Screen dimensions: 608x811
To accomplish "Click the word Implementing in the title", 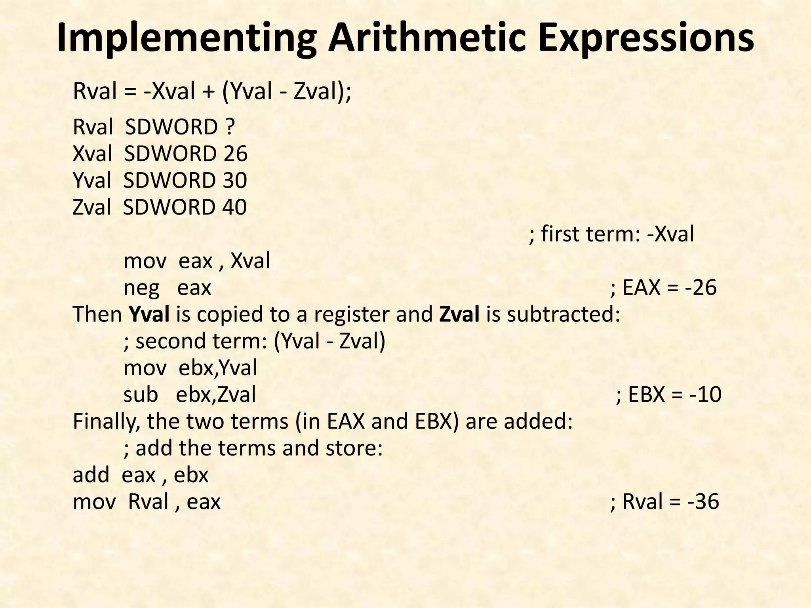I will click(x=186, y=39).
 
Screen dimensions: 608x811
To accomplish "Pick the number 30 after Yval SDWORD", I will click(x=234, y=180).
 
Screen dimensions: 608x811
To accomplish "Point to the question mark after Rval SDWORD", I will click(x=230, y=127).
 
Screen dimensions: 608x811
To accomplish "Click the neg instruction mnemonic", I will click(x=141, y=288).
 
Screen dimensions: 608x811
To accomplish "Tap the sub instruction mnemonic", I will click(x=141, y=395).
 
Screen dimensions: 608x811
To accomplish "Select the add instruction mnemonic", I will click(x=91, y=475).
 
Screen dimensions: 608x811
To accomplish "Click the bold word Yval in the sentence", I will click(x=150, y=315).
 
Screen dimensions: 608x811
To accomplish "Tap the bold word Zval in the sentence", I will click(x=459, y=315).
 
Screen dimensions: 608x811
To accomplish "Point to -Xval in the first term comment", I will click(x=670, y=234).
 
